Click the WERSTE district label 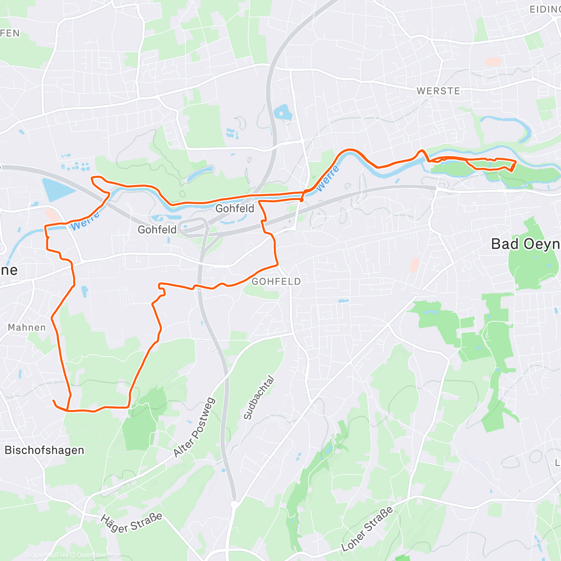[438, 91]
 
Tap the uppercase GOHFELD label [276, 281]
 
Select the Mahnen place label [27, 327]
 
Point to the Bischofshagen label [44, 450]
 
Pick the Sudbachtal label [259, 397]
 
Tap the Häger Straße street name [131, 523]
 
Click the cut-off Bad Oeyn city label [525, 244]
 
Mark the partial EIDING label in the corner [545, 9]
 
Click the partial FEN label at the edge [10, 33]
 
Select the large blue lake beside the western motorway [57, 191]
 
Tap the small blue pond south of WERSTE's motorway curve [282, 112]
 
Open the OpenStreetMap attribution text [98, 555]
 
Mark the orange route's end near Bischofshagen [53, 401]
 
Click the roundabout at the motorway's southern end [235, 504]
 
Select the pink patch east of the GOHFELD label [414, 265]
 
